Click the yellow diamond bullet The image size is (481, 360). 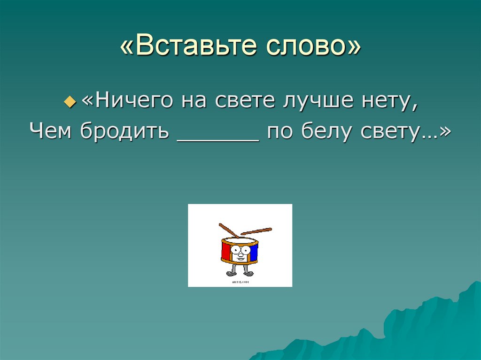point(70,101)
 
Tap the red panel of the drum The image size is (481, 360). point(226,253)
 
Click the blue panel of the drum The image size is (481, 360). point(254,253)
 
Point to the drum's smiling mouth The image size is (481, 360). point(240,260)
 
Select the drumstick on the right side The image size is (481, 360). point(256,230)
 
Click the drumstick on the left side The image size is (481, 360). point(228,230)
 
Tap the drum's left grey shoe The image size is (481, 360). point(230,274)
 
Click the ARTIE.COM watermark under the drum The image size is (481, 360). point(240,282)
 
